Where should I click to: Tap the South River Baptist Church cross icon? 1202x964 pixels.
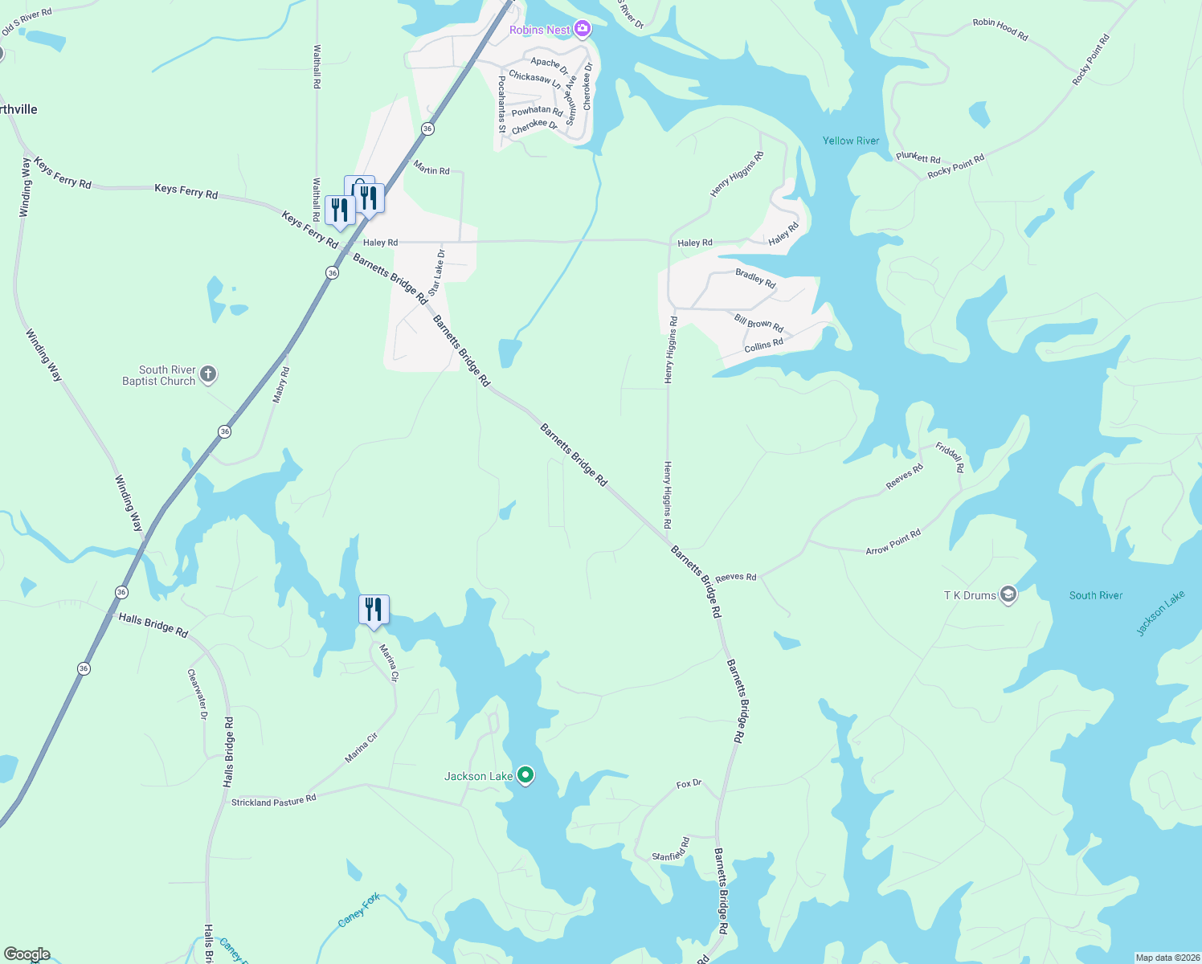tap(208, 374)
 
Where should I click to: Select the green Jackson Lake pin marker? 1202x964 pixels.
tap(525, 775)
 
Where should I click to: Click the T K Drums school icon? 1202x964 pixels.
tap(1008, 595)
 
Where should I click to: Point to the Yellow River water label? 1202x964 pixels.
tap(851, 141)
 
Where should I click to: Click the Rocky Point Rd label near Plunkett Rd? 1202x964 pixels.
tap(955, 167)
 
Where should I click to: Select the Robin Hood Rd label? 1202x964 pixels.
tap(1000, 29)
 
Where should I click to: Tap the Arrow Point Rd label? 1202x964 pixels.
tap(893, 542)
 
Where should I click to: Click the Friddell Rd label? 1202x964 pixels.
tap(950, 458)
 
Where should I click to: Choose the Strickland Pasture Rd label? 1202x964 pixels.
tap(274, 801)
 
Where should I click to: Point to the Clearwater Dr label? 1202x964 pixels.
tap(198, 693)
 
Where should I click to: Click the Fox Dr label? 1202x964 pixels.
tap(689, 783)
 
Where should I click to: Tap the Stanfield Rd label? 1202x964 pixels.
tap(671, 850)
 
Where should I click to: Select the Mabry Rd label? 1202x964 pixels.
tap(280, 385)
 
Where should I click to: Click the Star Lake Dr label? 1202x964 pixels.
tap(436, 272)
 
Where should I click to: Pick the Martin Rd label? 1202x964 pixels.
tap(431, 170)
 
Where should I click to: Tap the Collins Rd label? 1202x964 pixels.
tap(763, 345)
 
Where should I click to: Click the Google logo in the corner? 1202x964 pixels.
tap(27, 954)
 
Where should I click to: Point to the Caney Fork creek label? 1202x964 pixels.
tap(359, 912)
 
